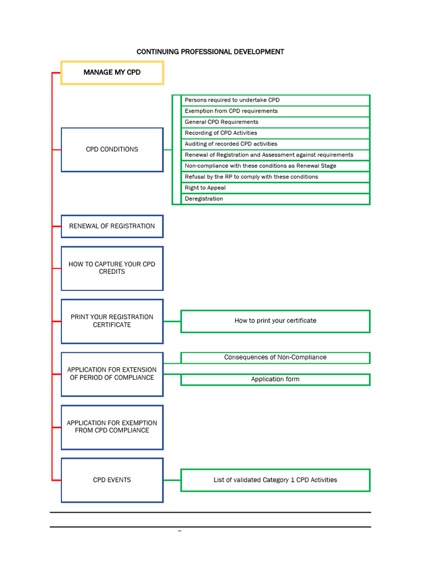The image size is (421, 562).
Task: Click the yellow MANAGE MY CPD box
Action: (112, 72)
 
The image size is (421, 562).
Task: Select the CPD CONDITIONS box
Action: (112, 149)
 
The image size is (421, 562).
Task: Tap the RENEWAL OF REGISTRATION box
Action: (112, 226)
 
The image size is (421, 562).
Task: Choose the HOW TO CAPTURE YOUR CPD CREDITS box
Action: (112, 268)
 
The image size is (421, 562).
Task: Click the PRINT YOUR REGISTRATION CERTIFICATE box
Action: (112, 321)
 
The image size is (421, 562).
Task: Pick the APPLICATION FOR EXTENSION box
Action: (112, 374)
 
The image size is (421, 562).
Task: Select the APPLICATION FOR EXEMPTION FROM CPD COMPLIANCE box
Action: (112, 427)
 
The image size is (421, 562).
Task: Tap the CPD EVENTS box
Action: (112, 480)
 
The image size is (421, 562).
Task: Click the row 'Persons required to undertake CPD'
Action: (275, 100)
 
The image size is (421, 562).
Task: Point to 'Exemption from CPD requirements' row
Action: (275, 111)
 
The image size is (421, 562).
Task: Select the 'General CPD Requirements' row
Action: (275, 122)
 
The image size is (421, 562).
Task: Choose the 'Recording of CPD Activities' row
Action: (275, 133)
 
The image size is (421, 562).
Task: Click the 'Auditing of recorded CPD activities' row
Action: (275, 144)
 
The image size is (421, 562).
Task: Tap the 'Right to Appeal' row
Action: (275, 188)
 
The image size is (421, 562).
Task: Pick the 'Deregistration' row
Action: (275, 199)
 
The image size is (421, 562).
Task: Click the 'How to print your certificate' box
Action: (275, 321)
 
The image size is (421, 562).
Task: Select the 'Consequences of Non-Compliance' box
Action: (275, 357)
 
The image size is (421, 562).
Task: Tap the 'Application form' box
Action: (275, 379)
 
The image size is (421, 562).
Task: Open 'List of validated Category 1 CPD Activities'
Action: (275, 480)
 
